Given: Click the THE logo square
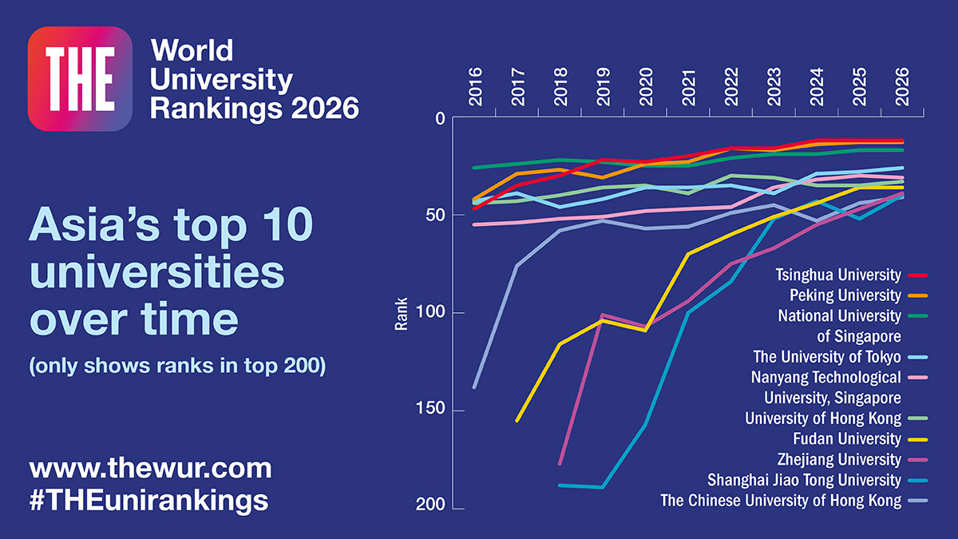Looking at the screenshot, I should click(80, 78).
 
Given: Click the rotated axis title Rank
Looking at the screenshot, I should click(402, 314).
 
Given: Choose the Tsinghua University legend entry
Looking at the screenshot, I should click(837, 275).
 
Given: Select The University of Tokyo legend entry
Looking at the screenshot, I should click(826, 357).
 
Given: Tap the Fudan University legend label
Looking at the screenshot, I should click(846, 439).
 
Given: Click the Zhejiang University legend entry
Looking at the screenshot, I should click(838, 460).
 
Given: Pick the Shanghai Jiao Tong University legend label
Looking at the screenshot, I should click(804, 481).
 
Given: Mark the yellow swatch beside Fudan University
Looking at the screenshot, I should click(916, 439).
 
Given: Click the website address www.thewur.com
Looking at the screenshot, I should click(150, 468).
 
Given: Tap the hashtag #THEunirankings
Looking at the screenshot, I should click(148, 500).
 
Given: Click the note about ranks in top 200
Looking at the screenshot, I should click(177, 368).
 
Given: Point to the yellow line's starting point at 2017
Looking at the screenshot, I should click(517, 421).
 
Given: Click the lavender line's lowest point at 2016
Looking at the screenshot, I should click(475, 387).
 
